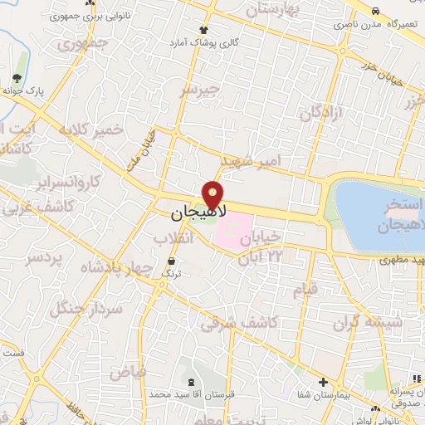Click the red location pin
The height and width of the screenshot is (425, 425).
pos(214,195)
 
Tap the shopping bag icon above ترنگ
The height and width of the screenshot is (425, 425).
pos(172,261)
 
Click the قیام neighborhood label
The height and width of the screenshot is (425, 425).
pos(305,291)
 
